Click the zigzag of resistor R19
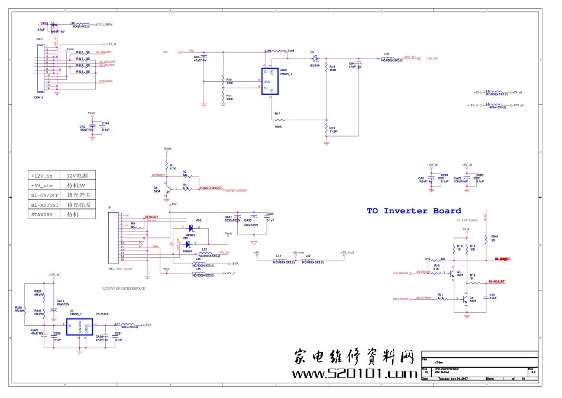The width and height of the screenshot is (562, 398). (326, 128)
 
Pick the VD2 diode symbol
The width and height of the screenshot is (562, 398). (192, 227)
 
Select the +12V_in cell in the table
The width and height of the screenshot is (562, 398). (45, 176)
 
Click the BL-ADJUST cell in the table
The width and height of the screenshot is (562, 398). (45, 204)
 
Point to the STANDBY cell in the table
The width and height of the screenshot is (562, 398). (45, 214)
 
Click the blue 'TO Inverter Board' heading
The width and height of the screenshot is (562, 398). (414, 211)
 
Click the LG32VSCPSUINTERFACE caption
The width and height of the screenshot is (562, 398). (123, 288)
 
